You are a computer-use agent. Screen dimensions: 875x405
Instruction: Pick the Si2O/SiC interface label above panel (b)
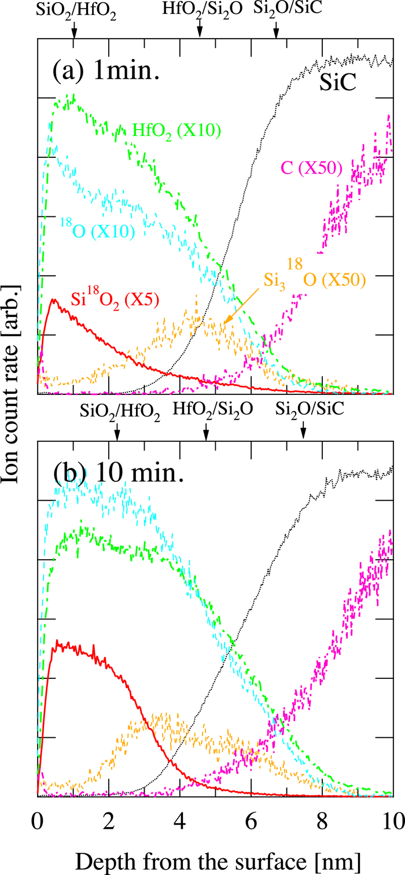click(x=310, y=409)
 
